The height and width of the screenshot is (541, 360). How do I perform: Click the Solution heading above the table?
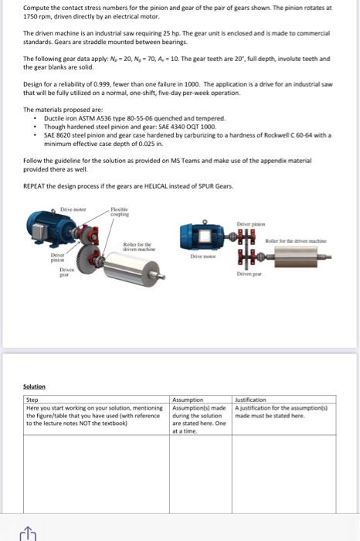click(x=34, y=386)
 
